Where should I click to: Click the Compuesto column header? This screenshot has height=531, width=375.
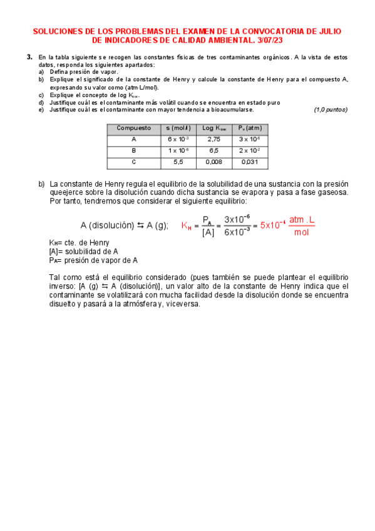click(x=133, y=128)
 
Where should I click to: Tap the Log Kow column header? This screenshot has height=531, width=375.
click(x=214, y=128)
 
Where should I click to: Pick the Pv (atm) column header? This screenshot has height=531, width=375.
click(x=250, y=128)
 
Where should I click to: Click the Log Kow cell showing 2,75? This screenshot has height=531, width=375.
click(x=214, y=139)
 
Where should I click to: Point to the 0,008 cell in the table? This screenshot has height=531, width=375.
click(x=214, y=162)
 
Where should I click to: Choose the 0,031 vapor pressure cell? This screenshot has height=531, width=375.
click(x=250, y=162)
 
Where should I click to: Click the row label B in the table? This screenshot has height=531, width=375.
click(x=133, y=151)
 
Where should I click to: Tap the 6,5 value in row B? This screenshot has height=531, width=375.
click(x=214, y=151)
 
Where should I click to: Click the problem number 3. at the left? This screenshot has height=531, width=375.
click(x=29, y=57)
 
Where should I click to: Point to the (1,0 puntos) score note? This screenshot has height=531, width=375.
click(x=330, y=110)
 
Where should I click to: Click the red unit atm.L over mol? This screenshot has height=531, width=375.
click(x=302, y=226)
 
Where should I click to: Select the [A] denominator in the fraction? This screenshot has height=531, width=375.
click(x=208, y=232)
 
